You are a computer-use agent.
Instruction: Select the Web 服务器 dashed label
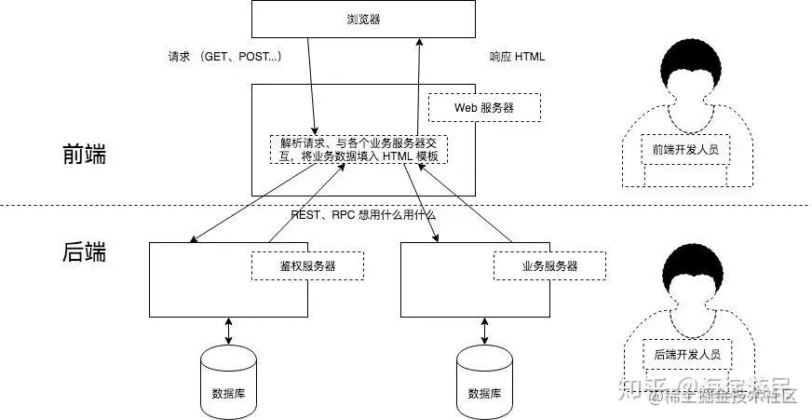tap(483, 107)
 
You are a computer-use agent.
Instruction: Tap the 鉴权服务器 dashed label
tap(307, 265)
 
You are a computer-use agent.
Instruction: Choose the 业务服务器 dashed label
tap(549, 265)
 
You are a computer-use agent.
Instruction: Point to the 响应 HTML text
tap(517, 57)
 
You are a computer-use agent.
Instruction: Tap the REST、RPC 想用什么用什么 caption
tap(363, 214)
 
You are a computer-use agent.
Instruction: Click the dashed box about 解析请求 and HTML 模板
tap(359, 150)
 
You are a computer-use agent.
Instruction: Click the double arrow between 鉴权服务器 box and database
tap(228, 330)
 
